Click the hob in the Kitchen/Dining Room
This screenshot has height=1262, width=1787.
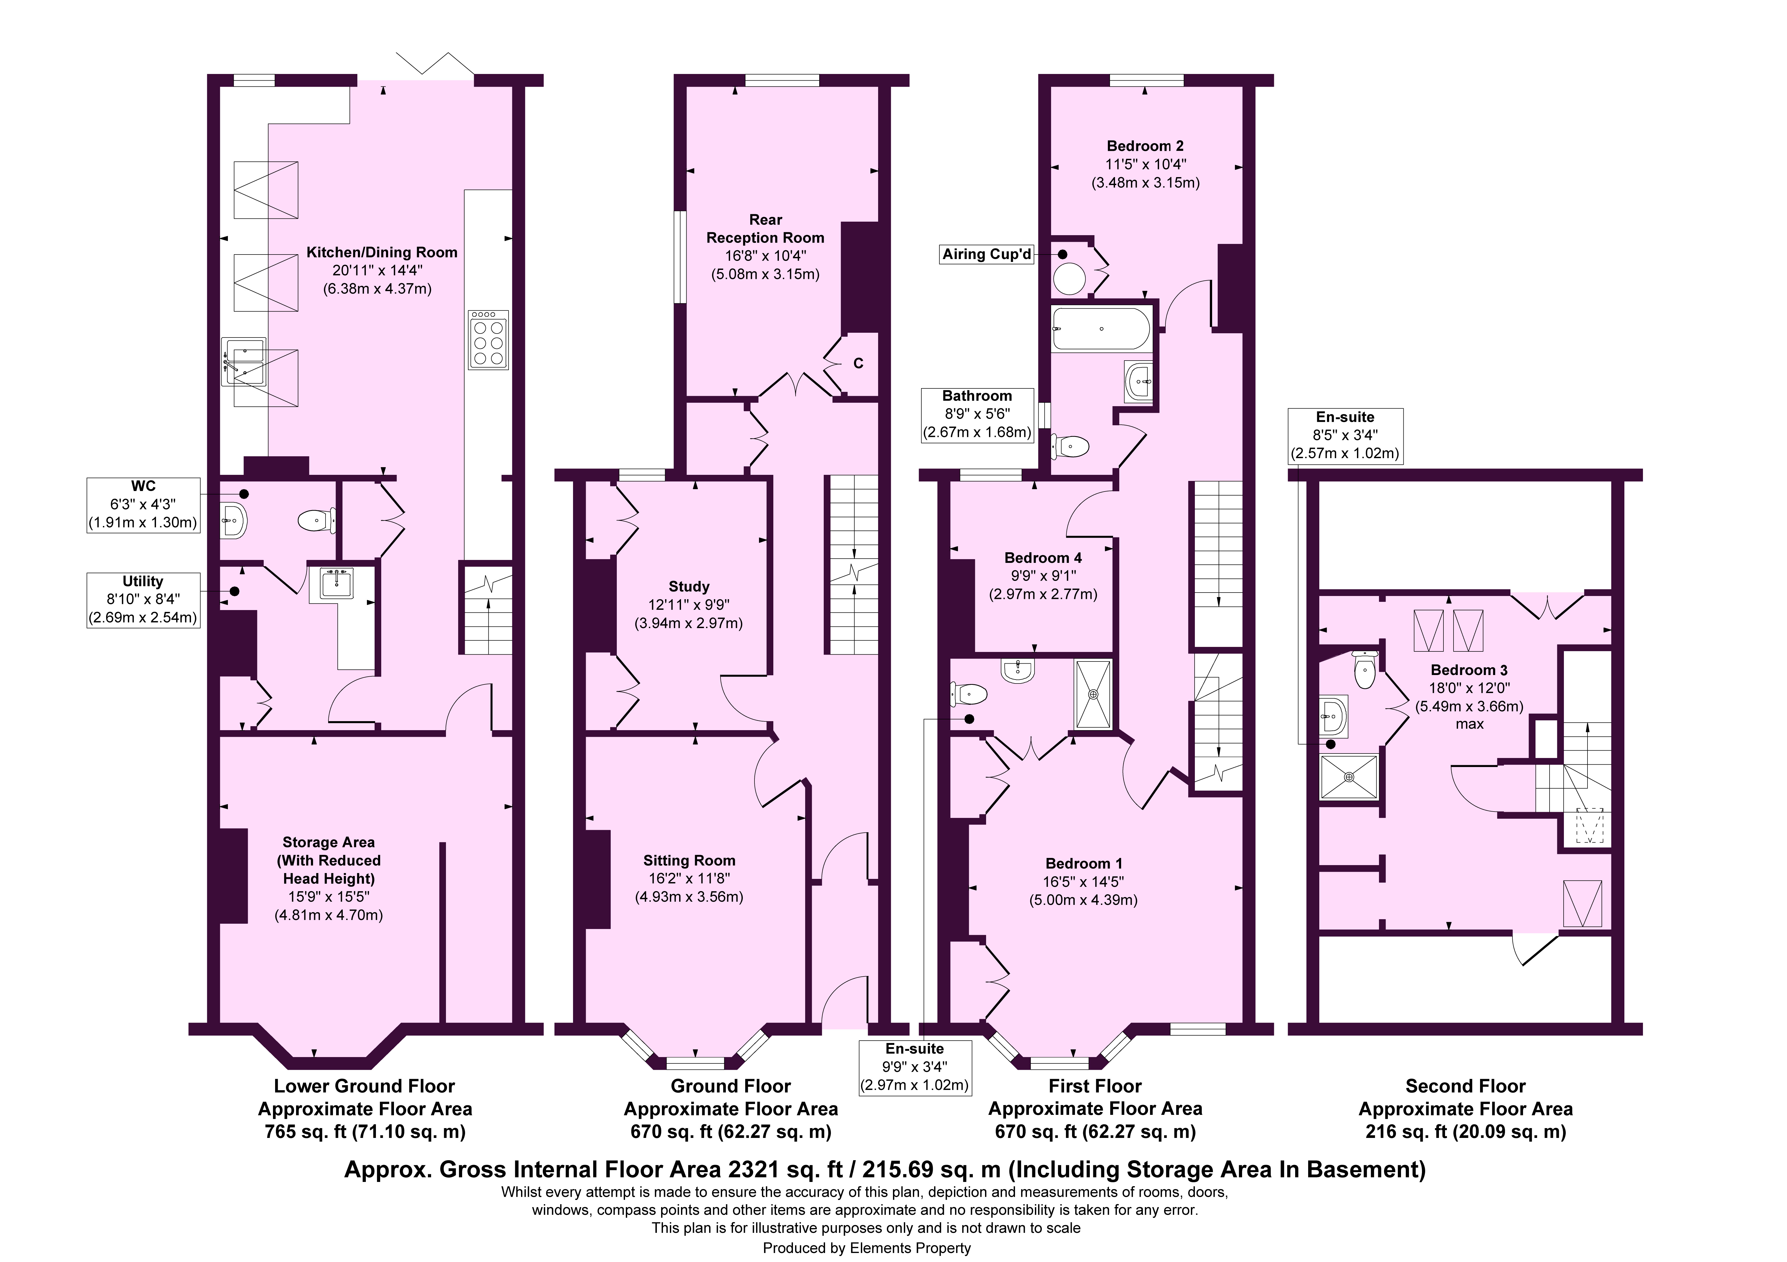[x=488, y=339]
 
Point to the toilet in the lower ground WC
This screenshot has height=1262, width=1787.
[x=317, y=520]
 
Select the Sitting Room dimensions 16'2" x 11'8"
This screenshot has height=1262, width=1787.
[x=689, y=878]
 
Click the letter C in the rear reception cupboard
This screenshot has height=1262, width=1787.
[x=858, y=363]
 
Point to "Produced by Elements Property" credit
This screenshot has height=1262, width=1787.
[x=866, y=1248]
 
